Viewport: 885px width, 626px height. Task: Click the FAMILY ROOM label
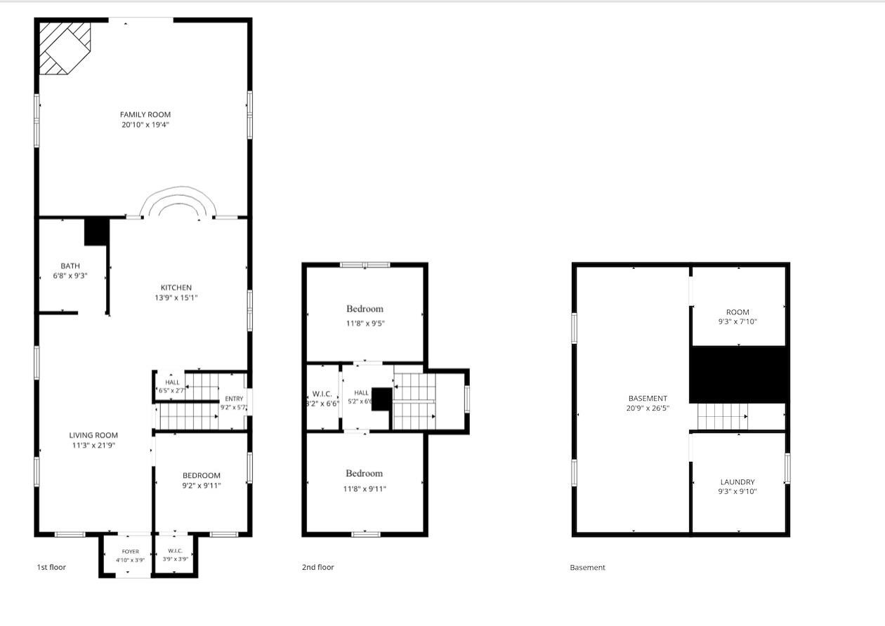[145, 114]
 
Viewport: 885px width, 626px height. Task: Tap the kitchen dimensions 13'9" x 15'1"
[176, 298]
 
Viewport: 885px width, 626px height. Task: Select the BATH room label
[70, 266]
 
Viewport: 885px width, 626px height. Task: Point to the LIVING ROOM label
[93, 435]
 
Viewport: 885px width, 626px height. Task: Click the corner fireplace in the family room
[65, 48]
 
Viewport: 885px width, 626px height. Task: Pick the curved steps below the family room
[178, 202]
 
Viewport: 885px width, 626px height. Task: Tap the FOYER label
[131, 552]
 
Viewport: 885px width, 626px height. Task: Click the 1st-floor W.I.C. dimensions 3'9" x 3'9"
[176, 559]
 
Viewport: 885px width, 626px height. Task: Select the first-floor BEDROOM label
[202, 475]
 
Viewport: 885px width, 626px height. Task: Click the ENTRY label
[234, 399]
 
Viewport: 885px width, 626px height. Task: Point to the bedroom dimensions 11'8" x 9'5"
[365, 324]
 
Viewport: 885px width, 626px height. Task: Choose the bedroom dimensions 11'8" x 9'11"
[365, 489]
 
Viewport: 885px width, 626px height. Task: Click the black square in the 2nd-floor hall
[381, 399]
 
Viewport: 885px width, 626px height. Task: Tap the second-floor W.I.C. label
[322, 394]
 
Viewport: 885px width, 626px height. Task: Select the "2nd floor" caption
[318, 567]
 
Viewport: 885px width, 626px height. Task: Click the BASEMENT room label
[648, 398]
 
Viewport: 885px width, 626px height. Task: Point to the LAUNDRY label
[737, 482]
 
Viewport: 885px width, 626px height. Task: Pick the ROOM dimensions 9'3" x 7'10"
[737, 321]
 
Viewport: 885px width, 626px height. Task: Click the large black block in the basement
[737, 375]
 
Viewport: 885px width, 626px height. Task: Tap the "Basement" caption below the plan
[587, 568]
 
